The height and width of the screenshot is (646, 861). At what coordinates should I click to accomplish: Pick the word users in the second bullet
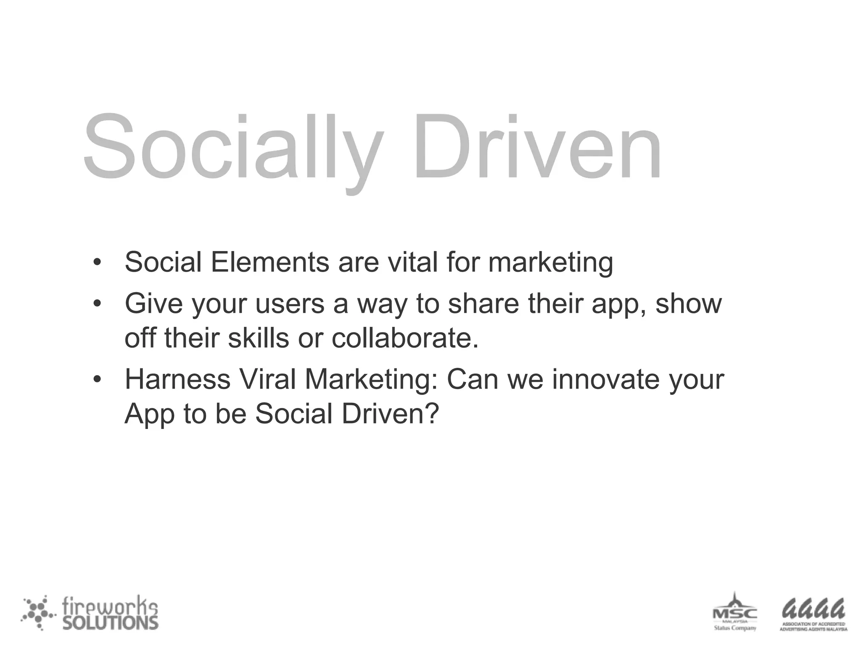pyautogui.click(x=290, y=304)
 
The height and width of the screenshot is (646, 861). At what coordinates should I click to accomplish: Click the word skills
pyautogui.click(x=258, y=338)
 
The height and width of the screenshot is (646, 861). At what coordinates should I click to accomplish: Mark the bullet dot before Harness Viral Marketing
pyautogui.click(x=97, y=380)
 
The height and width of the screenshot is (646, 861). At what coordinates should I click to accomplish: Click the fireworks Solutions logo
pyautogui.click(x=90, y=613)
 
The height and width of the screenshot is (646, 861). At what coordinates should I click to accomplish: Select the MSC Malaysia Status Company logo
pyautogui.click(x=734, y=612)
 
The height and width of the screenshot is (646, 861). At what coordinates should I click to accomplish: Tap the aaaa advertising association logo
pyautogui.click(x=813, y=614)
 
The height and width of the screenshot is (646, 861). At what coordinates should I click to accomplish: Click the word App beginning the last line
pyautogui.click(x=149, y=414)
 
